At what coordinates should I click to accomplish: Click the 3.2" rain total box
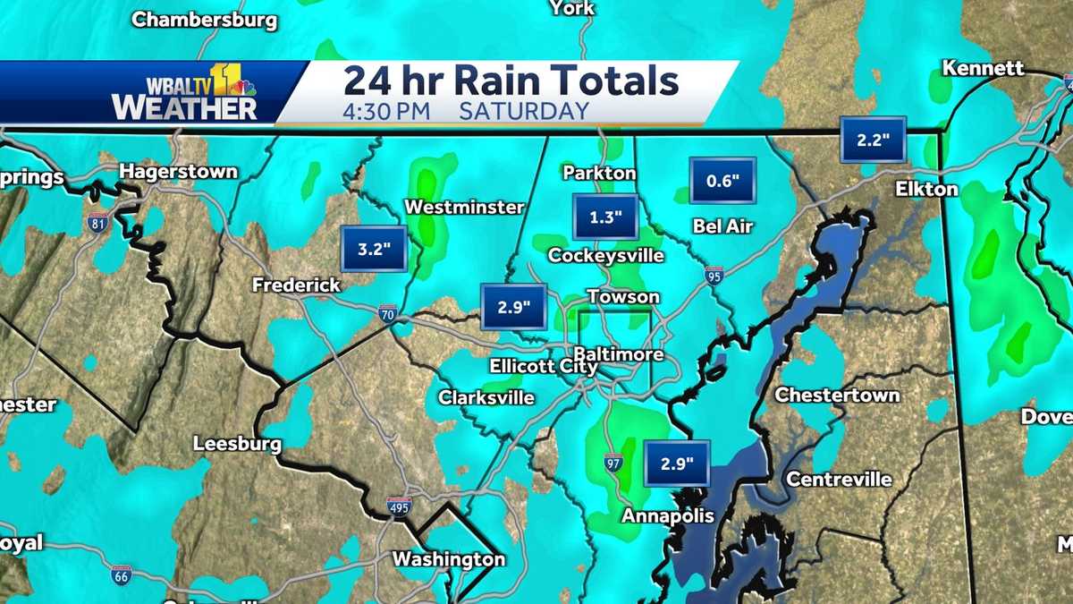pyautogui.click(x=375, y=249)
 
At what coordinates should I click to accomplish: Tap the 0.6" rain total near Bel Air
pyautogui.click(x=722, y=181)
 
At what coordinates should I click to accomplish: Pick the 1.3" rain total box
pyautogui.click(x=605, y=217)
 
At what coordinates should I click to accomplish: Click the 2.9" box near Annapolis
pyautogui.click(x=677, y=464)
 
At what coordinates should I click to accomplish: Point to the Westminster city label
pyautogui.click(x=464, y=207)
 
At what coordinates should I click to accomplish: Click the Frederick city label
pyautogui.click(x=296, y=285)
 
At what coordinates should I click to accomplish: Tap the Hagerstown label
pyautogui.click(x=178, y=170)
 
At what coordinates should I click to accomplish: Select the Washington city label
pyautogui.click(x=449, y=559)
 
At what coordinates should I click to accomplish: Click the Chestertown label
pyautogui.click(x=837, y=395)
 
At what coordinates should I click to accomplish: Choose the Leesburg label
pyautogui.click(x=237, y=444)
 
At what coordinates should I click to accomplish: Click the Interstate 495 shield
pyautogui.click(x=400, y=506)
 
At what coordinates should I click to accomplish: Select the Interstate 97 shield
pyautogui.click(x=613, y=462)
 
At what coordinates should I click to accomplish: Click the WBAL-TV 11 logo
pyautogui.click(x=185, y=92)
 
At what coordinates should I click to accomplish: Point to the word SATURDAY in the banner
pyautogui.click(x=524, y=112)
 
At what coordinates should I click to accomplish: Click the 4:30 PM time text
pyautogui.click(x=386, y=112)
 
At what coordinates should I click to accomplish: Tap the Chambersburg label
pyautogui.click(x=205, y=19)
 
